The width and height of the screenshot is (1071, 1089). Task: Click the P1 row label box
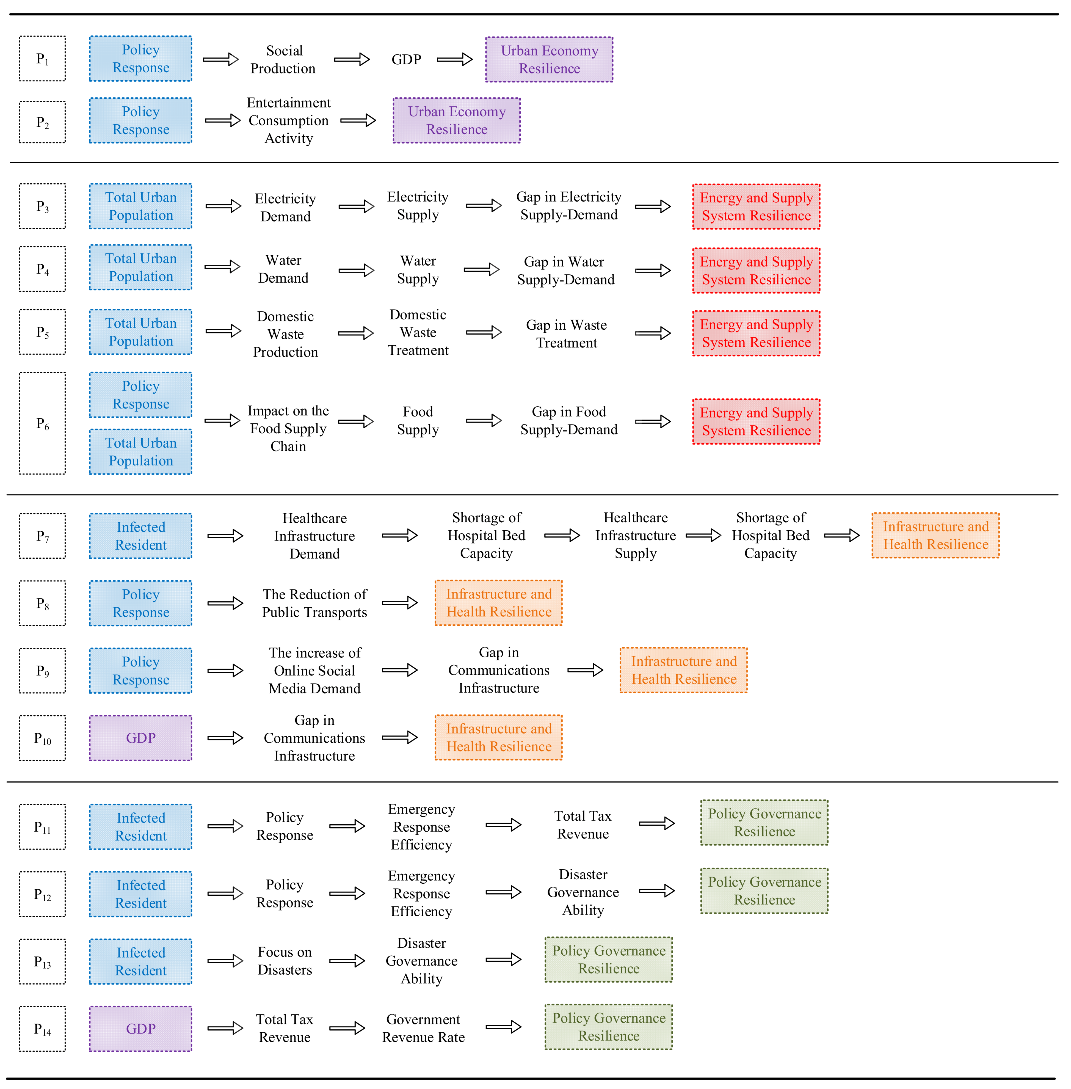(x=42, y=59)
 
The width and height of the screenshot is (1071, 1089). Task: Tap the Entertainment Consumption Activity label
(x=289, y=120)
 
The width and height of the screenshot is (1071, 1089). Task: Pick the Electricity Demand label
(x=285, y=208)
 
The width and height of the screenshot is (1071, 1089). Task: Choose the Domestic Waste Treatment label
(x=418, y=332)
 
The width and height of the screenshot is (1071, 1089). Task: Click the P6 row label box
(x=42, y=423)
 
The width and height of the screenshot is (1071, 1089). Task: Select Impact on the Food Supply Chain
(x=288, y=429)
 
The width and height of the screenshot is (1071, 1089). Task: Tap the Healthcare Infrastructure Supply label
(x=636, y=536)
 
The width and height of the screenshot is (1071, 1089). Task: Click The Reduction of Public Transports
(x=314, y=603)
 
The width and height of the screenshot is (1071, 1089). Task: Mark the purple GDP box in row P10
(x=141, y=738)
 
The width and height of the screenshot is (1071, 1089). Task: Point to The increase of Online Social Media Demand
(x=314, y=671)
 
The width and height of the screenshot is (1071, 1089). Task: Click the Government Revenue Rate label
(x=423, y=1028)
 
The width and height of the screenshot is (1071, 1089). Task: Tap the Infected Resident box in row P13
(x=141, y=961)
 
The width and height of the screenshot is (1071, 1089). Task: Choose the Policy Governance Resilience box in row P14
(x=609, y=1027)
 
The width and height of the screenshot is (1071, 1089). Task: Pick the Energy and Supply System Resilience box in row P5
(x=756, y=333)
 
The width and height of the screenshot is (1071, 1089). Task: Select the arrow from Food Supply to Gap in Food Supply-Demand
(x=484, y=421)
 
